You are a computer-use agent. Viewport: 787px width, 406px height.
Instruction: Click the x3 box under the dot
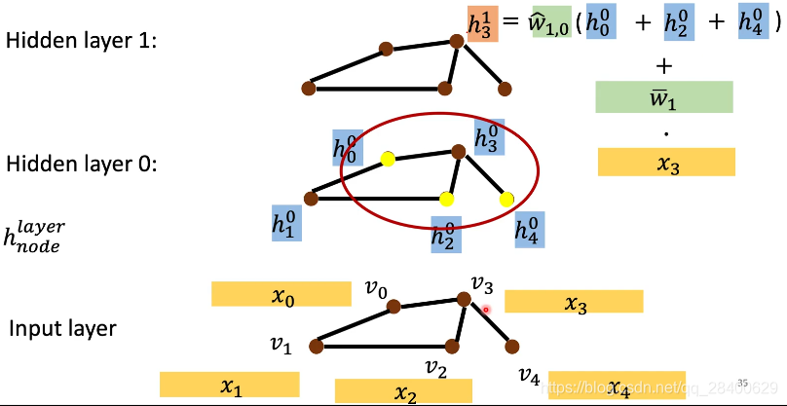pos(666,162)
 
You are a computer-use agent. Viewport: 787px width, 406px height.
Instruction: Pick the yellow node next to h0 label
pos(388,160)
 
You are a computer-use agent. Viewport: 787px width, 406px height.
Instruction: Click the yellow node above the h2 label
pos(446,200)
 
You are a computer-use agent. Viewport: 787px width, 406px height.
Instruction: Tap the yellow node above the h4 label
pos(506,200)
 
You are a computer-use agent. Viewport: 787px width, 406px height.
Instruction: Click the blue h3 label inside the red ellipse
pos(490,137)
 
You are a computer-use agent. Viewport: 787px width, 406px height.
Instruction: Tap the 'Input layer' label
pos(62,328)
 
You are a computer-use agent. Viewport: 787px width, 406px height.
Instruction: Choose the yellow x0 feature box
pos(281,294)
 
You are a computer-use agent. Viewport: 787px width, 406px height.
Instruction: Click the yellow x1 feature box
pos(229,385)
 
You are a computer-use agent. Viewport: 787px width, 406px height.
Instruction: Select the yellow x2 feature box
pos(403,391)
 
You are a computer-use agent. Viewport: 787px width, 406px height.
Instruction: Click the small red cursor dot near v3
pos(486,310)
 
